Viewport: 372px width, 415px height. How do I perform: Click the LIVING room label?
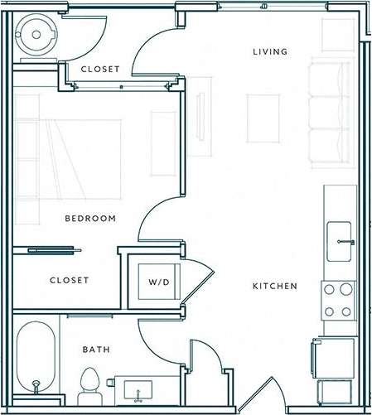(x=269, y=52)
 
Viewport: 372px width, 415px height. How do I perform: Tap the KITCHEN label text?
(x=275, y=287)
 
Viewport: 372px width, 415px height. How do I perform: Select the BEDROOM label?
(x=89, y=219)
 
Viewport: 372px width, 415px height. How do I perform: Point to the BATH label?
(x=95, y=350)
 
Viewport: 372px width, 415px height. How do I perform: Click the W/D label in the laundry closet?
(x=158, y=282)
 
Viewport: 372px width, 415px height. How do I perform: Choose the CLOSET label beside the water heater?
(x=99, y=69)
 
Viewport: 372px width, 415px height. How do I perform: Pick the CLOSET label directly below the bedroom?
(x=69, y=280)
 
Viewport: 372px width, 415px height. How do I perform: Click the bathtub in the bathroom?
(x=36, y=358)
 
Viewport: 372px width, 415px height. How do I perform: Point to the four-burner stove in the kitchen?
(x=337, y=301)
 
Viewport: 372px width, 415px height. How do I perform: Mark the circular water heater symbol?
(x=36, y=34)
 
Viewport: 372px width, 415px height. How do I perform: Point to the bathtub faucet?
(x=35, y=386)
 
